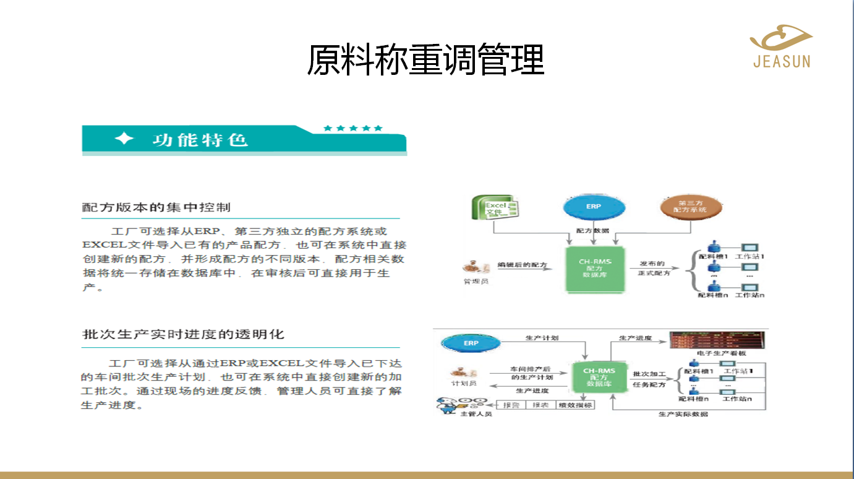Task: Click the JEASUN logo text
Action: pyautogui.click(x=782, y=61)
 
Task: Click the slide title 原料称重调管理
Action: pyautogui.click(x=425, y=60)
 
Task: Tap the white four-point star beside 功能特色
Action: pyautogui.click(x=124, y=139)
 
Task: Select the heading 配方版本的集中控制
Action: pyautogui.click(x=156, y=207)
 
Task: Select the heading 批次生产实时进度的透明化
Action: pyautogui.click(x=183, y=334)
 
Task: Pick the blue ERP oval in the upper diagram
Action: pyautogui.click(x=593, y=207)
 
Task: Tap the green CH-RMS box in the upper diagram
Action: pyautogui.click(x=594, y=269)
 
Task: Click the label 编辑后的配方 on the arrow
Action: pyautogui.click(x=523, y=265)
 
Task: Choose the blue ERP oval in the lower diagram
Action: pyautogui.click(x=471, y=343)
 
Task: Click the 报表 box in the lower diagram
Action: pyautogui.click(x=540, y=405)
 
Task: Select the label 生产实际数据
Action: pyautogui.click(x=683, y=414)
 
